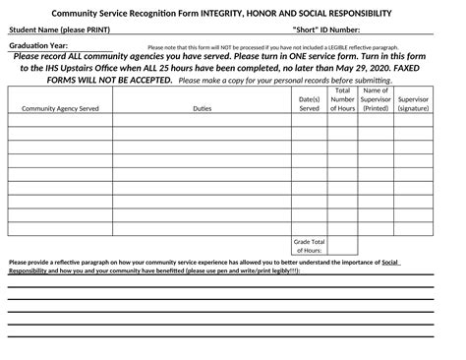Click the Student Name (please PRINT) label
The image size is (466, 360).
point(60,30)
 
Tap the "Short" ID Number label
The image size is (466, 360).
point(332,30)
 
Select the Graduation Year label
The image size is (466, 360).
point(38,46)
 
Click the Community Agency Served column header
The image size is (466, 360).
point(60,109)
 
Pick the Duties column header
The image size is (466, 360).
point(202,109)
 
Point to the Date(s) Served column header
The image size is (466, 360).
point(309,104)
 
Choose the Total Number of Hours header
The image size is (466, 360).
point(342,99)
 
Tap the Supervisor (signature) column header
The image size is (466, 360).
point(413,104)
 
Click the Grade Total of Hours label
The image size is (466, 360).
point(309,246)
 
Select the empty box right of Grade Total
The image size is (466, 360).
point(342,246)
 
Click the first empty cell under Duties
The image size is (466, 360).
point(202,124)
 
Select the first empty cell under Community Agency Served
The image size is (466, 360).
point(60,124)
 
